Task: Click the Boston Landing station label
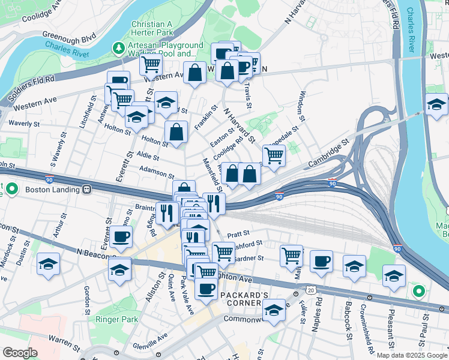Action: click(x=52, y=190)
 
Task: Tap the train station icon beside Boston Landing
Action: click(x=87, y=190)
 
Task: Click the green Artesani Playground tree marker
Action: click(x=118, y=47)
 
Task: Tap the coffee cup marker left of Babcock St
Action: click(x=321, y=262)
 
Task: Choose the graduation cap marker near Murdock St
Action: click(x=48, y=264)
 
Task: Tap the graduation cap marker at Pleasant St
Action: click(x=394, y=275)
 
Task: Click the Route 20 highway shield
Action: click(x=310, y=290)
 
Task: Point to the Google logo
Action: click(x=20, y=353)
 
